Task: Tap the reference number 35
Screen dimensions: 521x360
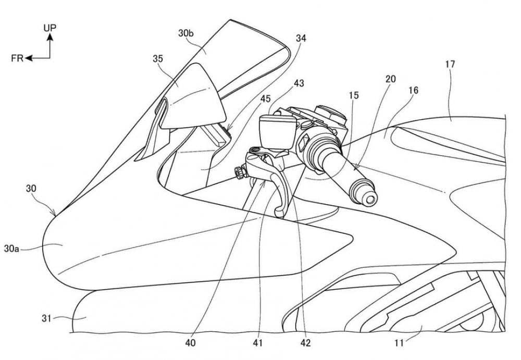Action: point(158,59)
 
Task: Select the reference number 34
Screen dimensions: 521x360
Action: point(301,39)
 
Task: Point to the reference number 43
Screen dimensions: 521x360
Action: point(299,83)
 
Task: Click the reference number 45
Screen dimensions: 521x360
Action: point(266,98)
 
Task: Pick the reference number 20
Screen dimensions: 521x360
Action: point(391,79)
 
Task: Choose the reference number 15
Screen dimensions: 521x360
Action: point(354,95)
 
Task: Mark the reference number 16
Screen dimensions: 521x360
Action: point(414,90)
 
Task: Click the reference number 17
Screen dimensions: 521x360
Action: point(450,64)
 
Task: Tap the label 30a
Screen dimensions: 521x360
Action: point(11,249)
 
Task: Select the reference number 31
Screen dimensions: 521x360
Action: point(46,318)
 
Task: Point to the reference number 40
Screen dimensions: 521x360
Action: point(190,343)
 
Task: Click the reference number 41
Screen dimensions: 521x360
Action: point(257,343)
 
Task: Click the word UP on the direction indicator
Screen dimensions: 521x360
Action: point(50,28)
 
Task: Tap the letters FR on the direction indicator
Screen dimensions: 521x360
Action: point(17,58)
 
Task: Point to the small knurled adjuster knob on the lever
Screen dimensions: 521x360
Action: point(240,173)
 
